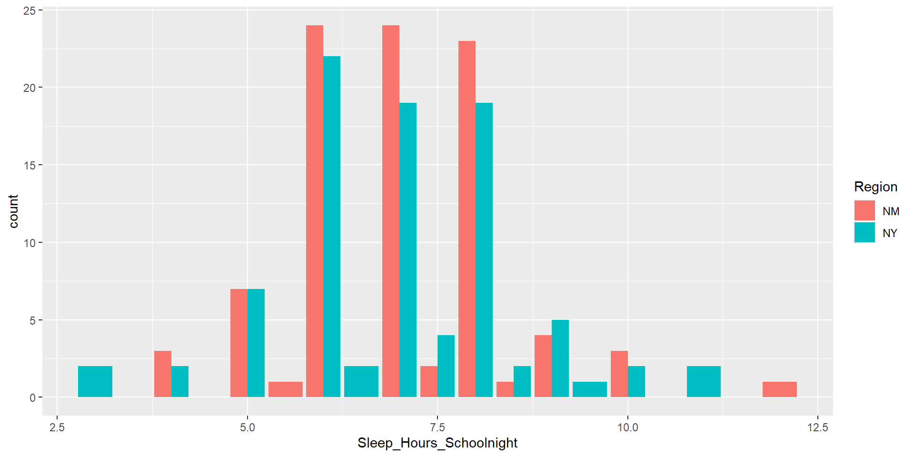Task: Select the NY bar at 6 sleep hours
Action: pyautogui.click(x=332, y=227)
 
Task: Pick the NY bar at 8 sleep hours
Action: pyautogui.click(x=484, y=250)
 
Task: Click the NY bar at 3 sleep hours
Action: pyautogui.click(x=95, y=381)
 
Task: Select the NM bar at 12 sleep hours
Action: pyautogui.click(x=779, y=389)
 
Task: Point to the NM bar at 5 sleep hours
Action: pyautogui.click(x=239, y=343)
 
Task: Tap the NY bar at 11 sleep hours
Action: pyautogui.click(x=704, y=381)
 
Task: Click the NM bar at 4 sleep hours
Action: pyautogui.click(x=163, y=374)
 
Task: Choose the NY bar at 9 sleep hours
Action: pyautogui.click(x=560, y=358)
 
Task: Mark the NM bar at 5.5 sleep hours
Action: pyautogui.click(x=286, y=389)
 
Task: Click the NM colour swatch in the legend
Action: pyautogui.click(x=864, y=210)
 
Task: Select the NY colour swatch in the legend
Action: pyautogui.click(x=864, y=232)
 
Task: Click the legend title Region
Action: pyautogui.click(x=875, y=187)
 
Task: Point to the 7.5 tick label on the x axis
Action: pyautogui.click(x=437, y=427)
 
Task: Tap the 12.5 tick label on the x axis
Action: pyautogui.click(x=817, y=427)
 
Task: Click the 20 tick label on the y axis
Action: pyautogui.click(x=30, y=88)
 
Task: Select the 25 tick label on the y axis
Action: pyautogui.click(x=30, y=10)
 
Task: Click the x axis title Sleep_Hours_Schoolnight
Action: pyautogui.click(x=437, y=443)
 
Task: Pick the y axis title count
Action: pyautogui.click(x=13, y=211)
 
